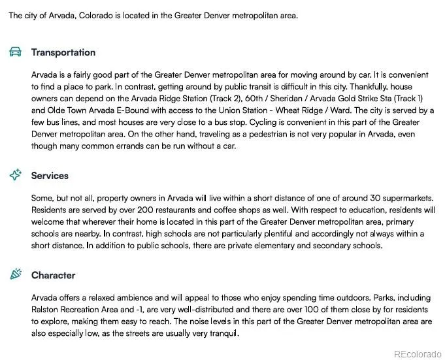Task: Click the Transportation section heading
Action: [63, 52]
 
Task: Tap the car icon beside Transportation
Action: [16, 52]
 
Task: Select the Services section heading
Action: [50, 175]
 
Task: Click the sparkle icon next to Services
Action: [16, 175]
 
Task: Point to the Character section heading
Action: [53, 275]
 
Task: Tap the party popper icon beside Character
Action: [16, 275]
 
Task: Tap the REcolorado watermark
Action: [417, 353]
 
